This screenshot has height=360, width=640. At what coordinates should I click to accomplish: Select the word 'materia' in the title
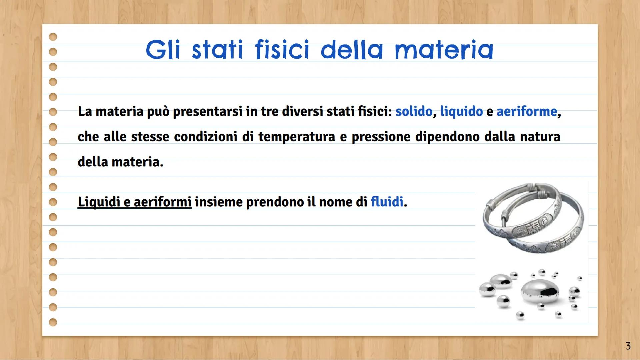pos(444,50)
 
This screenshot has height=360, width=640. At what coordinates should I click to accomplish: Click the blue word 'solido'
pos(414,111)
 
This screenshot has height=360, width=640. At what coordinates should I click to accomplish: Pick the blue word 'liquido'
pos(461,111)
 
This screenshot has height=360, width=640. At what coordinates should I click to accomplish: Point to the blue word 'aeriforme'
pos(527,111)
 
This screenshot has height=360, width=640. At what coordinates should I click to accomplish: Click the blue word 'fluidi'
pos(387,202)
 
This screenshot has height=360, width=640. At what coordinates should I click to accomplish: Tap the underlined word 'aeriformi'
pos(163,202)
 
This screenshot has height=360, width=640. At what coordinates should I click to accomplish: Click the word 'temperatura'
pos(296,137)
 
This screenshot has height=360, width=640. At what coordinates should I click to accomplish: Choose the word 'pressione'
pos(381,137)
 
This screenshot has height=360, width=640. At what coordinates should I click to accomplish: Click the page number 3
pos(628,346)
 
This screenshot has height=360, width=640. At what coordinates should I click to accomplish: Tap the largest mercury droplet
pos(540,292)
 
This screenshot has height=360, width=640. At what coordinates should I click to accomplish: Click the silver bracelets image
pos(533,218)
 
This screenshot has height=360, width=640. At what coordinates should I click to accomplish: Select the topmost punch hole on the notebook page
pos(53,37)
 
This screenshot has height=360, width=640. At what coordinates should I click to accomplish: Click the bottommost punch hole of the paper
pos(53,322)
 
